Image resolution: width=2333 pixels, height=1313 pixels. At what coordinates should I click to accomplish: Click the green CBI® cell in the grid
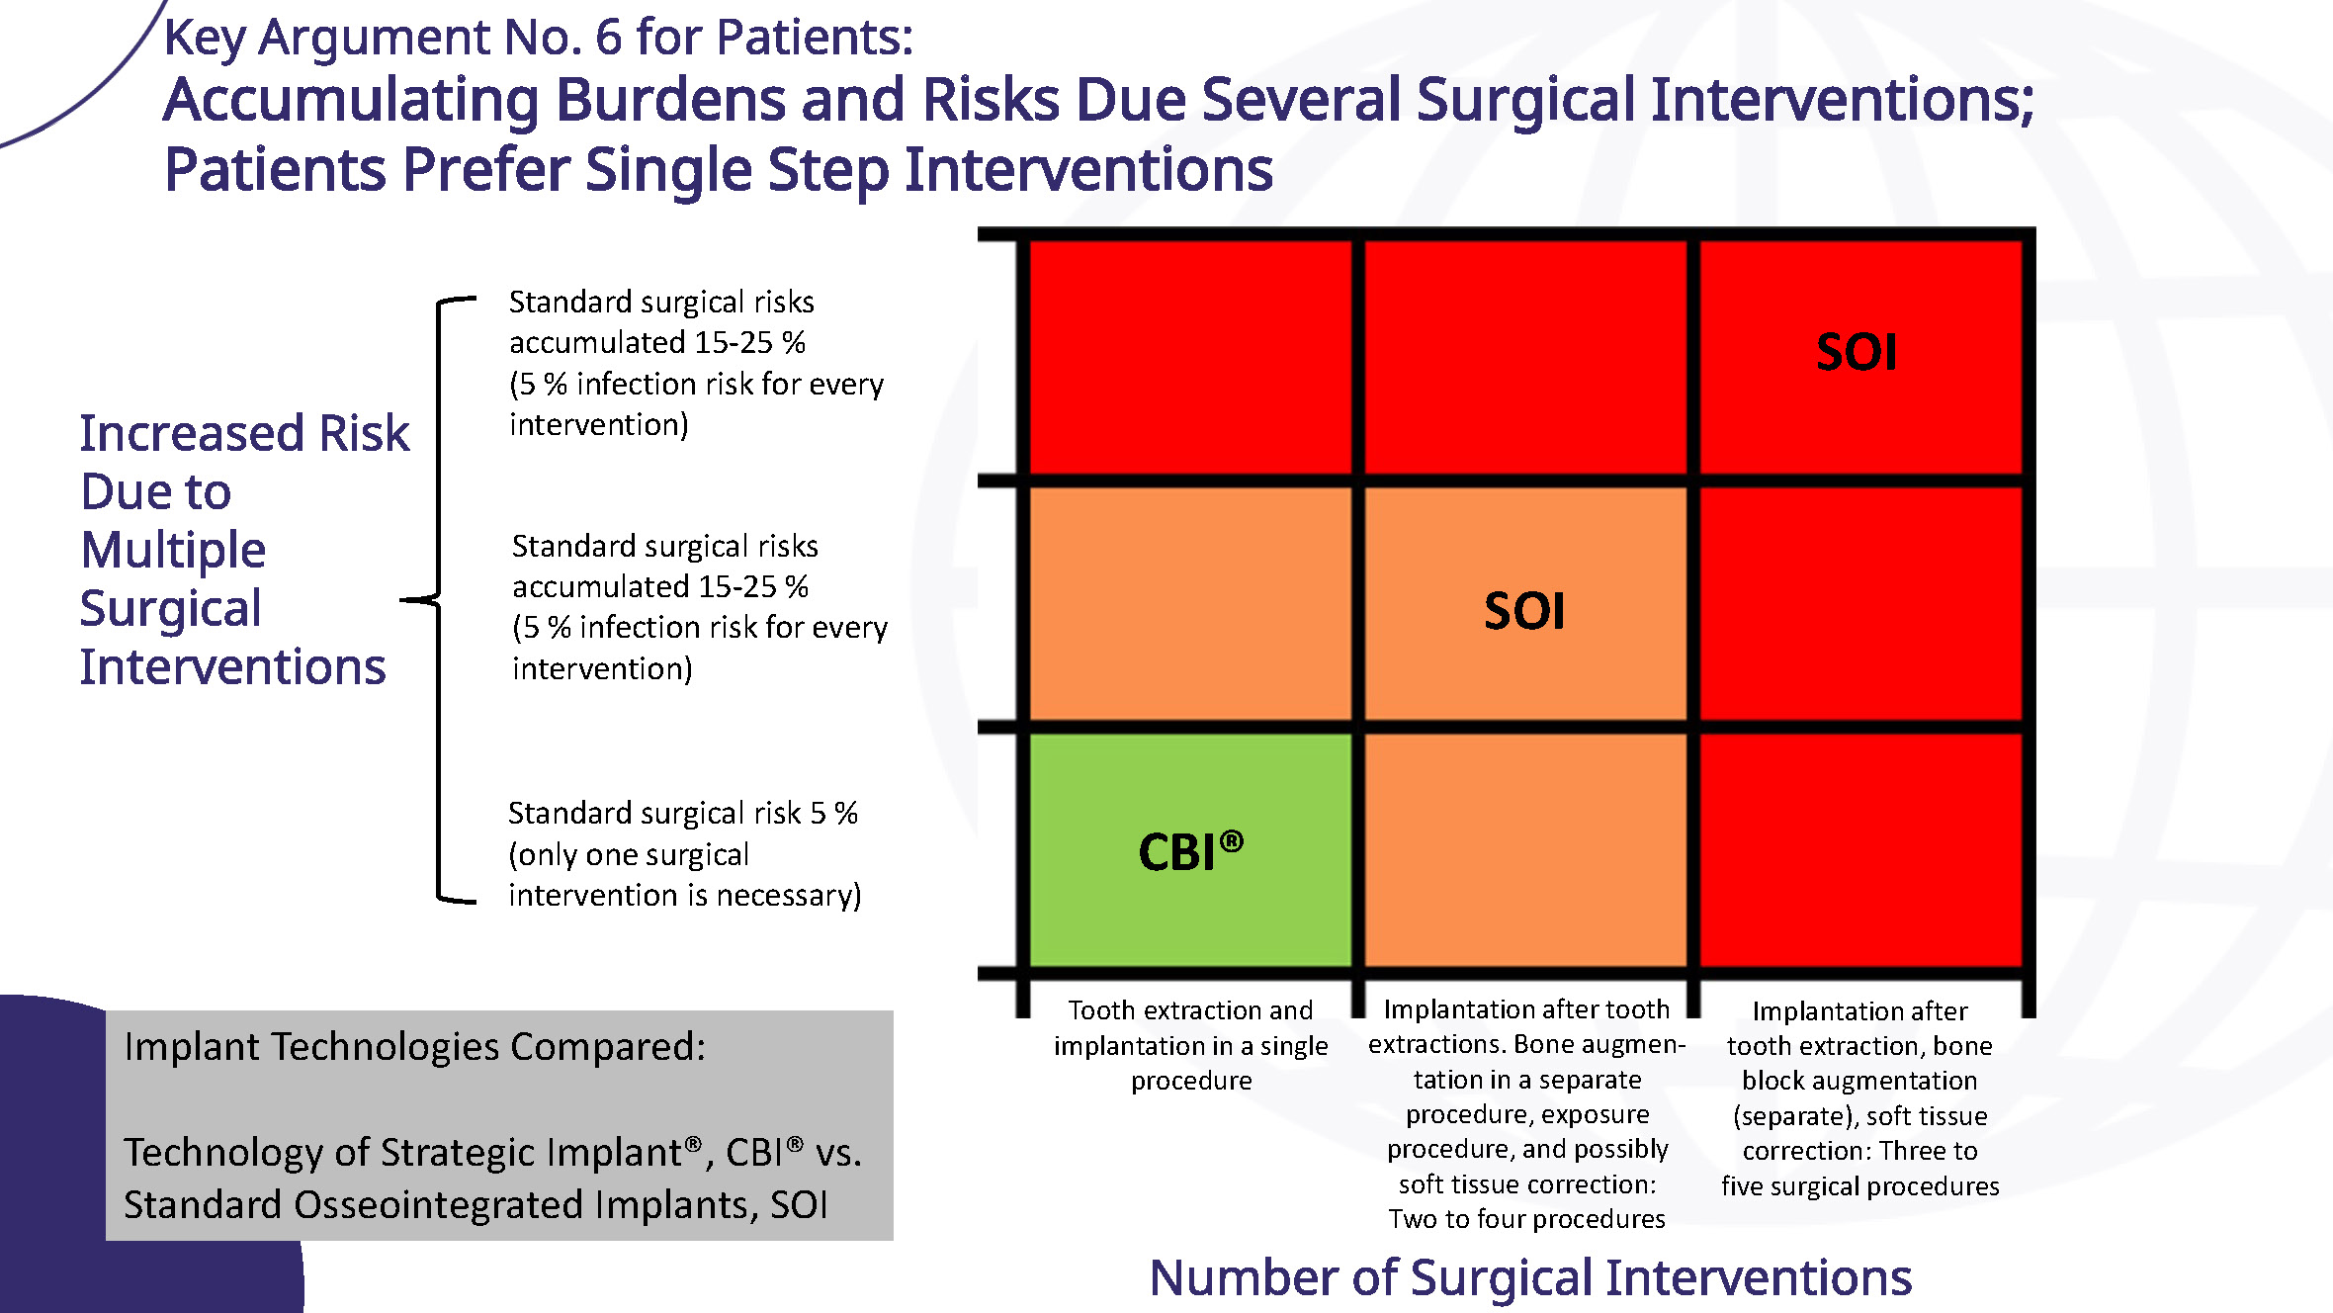coord(1190,849)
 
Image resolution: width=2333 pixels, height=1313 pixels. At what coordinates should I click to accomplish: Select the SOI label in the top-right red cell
coord(1857,352)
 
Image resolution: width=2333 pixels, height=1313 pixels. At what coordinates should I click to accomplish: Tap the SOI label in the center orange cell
coord(1524,611)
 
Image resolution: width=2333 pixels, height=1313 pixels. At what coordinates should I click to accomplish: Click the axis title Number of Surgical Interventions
coord(1530,1277)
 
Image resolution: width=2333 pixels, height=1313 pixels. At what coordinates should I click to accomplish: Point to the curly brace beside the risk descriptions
coord(439,599)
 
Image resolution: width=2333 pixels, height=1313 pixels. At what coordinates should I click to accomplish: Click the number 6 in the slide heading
coord(609,38)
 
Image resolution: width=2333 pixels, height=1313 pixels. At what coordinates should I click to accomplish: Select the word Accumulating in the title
coord(352,102)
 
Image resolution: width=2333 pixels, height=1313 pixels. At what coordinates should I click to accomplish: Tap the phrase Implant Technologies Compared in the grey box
coord(414,1046)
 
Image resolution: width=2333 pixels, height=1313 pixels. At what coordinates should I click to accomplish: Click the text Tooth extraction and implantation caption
coord(1191,1045)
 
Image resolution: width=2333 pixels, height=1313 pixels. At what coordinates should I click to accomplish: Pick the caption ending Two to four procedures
coord(1526,1113)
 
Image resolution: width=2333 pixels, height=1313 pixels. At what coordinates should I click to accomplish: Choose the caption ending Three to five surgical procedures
coord(1859,1097)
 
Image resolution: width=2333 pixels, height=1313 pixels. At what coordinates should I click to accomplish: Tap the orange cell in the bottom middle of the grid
coord(1525,849)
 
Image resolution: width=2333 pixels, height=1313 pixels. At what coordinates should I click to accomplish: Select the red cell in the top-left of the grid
coord(1190,358)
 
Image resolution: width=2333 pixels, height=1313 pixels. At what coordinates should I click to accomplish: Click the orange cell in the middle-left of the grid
coord(1190,604)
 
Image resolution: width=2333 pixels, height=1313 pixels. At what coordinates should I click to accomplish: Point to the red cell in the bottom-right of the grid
coord(1860,849)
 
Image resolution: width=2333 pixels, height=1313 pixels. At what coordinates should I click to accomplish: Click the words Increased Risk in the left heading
coord(244,433)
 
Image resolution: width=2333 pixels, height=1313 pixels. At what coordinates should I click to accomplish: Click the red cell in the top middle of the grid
coord(1525,358)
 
